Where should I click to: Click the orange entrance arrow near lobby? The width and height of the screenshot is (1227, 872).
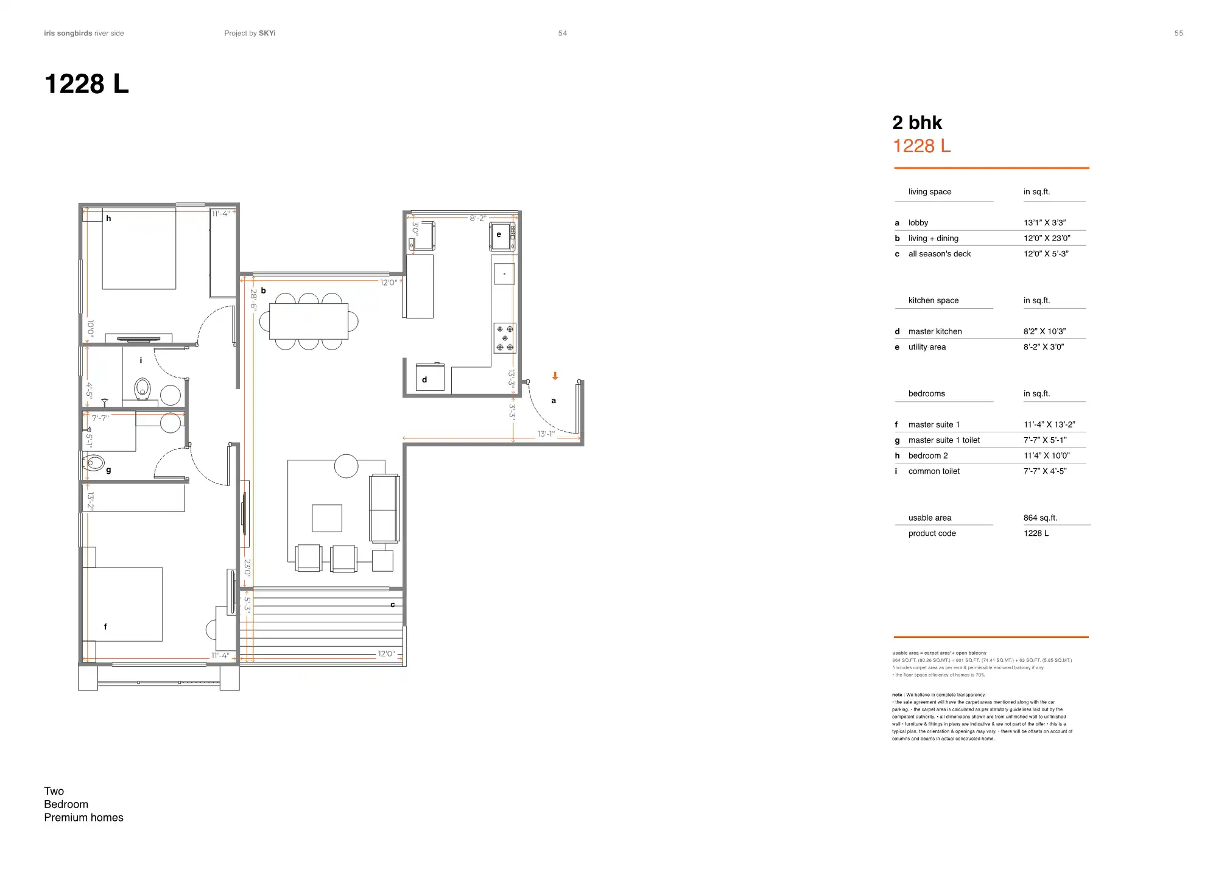[x=555, y=376]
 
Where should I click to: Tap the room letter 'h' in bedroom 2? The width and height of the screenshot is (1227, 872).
[x=108, y=218]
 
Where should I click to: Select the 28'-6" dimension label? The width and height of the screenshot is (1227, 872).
[x=253, y=300]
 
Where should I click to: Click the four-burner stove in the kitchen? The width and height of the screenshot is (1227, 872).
[x=505, y=338]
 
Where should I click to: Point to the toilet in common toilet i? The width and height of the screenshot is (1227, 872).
[x=142, y=388]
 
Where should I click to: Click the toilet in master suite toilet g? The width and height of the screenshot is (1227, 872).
[x=94, y=463]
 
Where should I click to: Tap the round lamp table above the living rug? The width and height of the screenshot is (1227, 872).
[x=346, y=466]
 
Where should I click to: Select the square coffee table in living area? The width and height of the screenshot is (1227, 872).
[x=327, y=518]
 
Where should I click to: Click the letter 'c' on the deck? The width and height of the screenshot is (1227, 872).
[x=392, y=605]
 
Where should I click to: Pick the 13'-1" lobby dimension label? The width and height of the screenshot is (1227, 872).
[x=546, y=434]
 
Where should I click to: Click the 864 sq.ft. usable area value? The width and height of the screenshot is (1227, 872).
[x=1040, y=518]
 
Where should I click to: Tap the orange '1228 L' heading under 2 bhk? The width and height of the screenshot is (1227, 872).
[x=921, y=146]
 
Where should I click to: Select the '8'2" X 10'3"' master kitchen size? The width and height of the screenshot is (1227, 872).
[x=1044, y=331]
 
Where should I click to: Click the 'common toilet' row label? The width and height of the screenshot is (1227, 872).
[x=933, y=471]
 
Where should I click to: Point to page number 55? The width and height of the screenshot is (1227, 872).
[x=1178, y=33]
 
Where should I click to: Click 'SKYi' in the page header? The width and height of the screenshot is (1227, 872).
[x=267, y=33]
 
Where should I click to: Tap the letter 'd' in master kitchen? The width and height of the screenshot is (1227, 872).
[x=424, y=379]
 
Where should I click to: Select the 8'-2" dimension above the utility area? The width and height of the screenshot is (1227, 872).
[x=477, y=218]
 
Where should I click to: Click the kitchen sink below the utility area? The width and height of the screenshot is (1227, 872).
[x=504, y=274]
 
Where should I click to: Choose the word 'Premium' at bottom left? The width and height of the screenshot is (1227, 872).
[x=64, y=817]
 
